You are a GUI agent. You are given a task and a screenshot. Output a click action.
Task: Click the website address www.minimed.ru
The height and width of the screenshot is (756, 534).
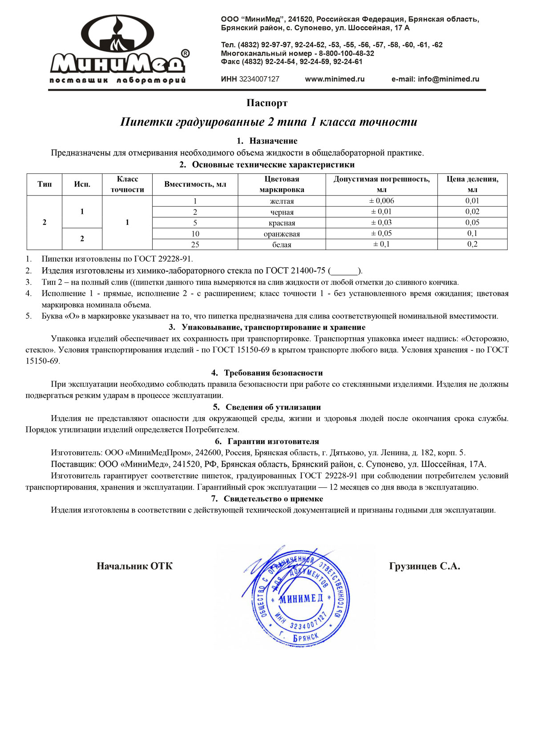(x=335, y=79)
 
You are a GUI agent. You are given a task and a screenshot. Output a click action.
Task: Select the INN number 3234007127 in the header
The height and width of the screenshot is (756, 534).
(x=259, y=79)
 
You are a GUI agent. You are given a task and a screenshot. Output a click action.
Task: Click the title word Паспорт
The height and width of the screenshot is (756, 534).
(x=267, y=103)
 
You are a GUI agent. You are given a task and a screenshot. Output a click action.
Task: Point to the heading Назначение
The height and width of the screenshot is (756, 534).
(x=273, y=141)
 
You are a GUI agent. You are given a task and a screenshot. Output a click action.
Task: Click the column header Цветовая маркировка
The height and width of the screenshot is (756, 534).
(x=282, y=184)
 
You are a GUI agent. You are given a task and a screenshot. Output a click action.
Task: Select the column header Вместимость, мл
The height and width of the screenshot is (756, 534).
(x=195, y=184)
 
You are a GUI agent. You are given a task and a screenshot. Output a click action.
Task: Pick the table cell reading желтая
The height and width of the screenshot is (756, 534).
(x=282, y=201)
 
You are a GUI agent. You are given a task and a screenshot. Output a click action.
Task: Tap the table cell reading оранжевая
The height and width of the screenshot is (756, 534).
(x=282, y=234)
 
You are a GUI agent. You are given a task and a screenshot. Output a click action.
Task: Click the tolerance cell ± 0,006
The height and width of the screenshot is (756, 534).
(x=381, y=201)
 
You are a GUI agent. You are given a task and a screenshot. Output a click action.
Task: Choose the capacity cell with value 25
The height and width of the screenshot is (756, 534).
(x=195, y=245)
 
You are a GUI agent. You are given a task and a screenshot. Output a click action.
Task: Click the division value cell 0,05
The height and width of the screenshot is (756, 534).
(x=472, y=223)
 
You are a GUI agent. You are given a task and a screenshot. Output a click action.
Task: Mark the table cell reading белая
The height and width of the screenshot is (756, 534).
(x=282, y=245)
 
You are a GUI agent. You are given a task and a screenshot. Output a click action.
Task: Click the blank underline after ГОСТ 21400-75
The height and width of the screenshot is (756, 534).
(x=345, y=271)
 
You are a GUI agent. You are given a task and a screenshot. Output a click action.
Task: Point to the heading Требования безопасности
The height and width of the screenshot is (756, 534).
(x=273, y=373)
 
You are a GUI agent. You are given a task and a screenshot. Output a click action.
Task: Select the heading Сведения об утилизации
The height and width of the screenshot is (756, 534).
(x=273, y=407)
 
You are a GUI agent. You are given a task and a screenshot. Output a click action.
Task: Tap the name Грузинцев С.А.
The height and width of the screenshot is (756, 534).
(x=425, y=566)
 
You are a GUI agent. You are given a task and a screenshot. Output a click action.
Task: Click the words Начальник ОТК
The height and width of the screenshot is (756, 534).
(x=134, y=566)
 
